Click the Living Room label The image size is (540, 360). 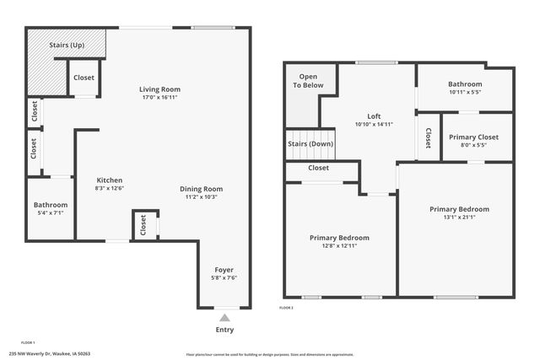[159, 89]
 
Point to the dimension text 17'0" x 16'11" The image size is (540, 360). [159, 98]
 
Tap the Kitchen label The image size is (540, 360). [110, 180]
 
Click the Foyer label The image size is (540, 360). [224, 270]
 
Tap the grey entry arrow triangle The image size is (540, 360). [224, 318]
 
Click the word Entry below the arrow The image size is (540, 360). [224, 330]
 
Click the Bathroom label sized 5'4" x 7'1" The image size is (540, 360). [50, 205]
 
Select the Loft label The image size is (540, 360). [374, 116]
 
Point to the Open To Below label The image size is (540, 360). [308, 81]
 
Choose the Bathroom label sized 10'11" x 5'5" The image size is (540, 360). [465, 84]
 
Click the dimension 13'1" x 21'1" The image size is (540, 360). [459, 217]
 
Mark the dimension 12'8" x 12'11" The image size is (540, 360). [338, 246]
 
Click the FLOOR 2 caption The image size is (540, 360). [286, 308]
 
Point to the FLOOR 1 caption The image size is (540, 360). [28, 342]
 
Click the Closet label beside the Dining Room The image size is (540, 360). [143, 225]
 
